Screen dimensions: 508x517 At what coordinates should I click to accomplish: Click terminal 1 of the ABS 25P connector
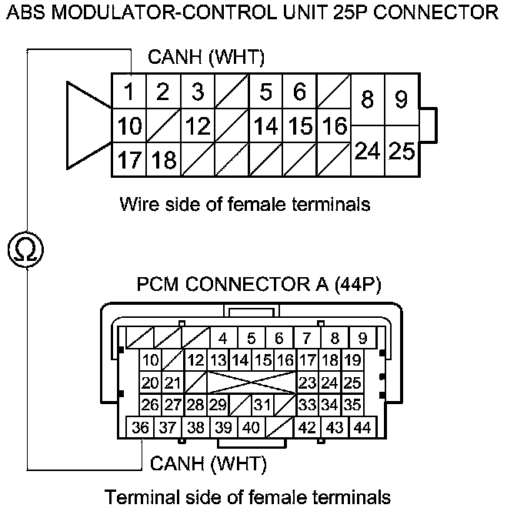coord(130,92)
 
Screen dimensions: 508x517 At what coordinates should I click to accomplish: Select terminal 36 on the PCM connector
coord(140,427)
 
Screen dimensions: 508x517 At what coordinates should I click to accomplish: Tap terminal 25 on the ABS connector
coord(401,152)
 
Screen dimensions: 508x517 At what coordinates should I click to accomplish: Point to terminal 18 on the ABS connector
coord(163,161)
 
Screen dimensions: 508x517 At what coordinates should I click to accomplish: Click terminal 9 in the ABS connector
coord(401,100)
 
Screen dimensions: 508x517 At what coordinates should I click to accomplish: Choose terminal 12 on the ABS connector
coord(198,126)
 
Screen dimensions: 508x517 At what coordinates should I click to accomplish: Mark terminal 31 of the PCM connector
coord(263,405)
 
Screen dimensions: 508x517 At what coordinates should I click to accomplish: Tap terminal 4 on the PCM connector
coord(222,338)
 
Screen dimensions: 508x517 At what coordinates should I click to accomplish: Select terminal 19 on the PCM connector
coord(353,360)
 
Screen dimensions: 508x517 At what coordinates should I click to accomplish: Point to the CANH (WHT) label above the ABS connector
coord(206,57)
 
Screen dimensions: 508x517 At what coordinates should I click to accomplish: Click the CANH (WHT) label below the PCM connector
coord(208,463)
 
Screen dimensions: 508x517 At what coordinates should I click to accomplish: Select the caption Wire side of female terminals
coord(245,205)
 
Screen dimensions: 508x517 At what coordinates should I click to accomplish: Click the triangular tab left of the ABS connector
coord(88,126)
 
